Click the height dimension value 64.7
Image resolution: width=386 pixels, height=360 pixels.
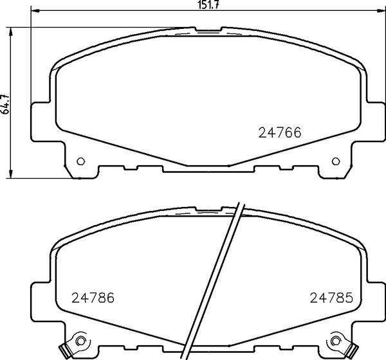5,104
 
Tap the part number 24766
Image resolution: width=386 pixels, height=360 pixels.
280,132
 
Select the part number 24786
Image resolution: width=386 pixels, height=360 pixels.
93,298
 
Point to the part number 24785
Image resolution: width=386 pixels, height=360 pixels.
331,298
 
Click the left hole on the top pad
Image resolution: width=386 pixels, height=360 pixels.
81,161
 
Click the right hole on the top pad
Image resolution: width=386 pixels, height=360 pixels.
336,161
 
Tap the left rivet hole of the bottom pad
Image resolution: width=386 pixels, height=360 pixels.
80,341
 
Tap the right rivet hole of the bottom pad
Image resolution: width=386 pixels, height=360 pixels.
336,341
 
